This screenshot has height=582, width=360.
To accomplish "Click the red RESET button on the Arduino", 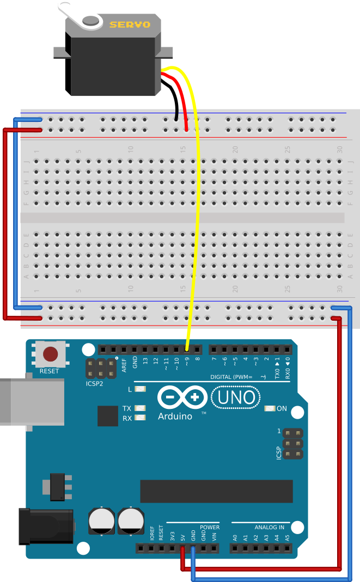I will [x=51, y=354].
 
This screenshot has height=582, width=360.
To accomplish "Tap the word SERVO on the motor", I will [x=130, y=24].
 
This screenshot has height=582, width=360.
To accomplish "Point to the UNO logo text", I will [x=236, y=398].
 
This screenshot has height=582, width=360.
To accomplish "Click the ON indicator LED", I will [x=269, y=408].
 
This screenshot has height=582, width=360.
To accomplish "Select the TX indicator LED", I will [x=141, y=408].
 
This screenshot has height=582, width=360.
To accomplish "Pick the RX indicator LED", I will [x=141, y=418].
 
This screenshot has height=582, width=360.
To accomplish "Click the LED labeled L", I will [x=141, y=389].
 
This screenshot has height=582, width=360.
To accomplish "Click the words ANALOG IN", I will [x=269, y=527].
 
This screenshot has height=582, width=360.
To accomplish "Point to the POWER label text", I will [x=210, y=527].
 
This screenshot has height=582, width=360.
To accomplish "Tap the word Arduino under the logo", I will [x=175, y=416].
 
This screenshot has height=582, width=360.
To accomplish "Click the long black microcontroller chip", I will [x=216, y=491].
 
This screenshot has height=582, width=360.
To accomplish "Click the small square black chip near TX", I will [x=108, y=416].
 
